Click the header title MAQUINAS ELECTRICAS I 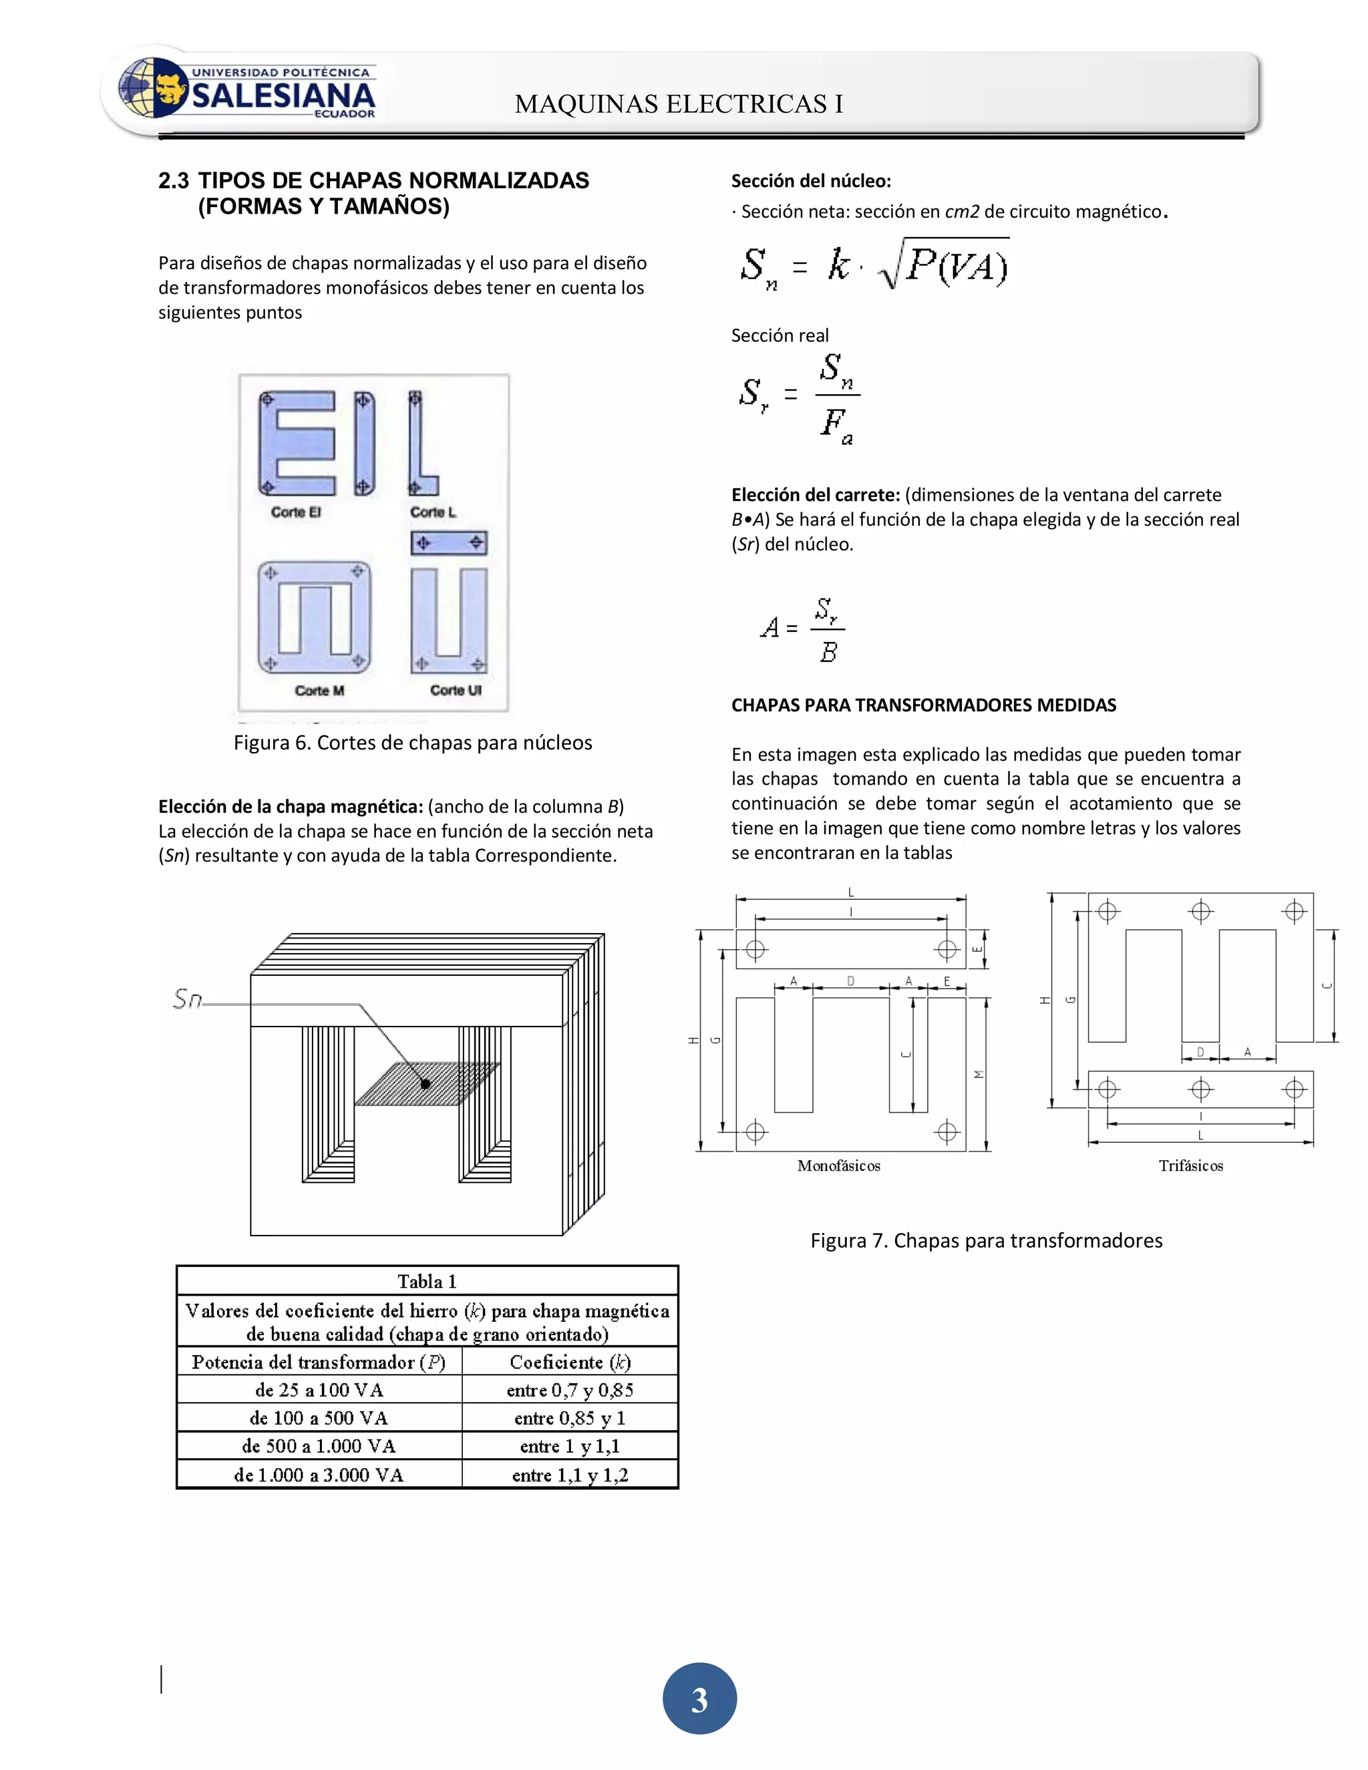tap(679, 104)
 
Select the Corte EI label tap(296, 512)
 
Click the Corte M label tap(319, 691)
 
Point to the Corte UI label tap(456, 691)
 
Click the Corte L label tap(433, 512)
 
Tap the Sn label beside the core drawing tap(187, 999)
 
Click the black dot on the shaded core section tap(425, 1083)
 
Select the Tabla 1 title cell tap(427, 1281)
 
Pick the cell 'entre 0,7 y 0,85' tap(570, 1390)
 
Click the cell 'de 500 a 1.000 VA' tap(319, 1446)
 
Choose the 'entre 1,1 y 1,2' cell tap(570, 1475)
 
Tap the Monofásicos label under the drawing tap(838, 1166)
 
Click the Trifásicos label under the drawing tap(1190, 1166)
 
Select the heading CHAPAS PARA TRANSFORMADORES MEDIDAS tap(923, 705)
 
